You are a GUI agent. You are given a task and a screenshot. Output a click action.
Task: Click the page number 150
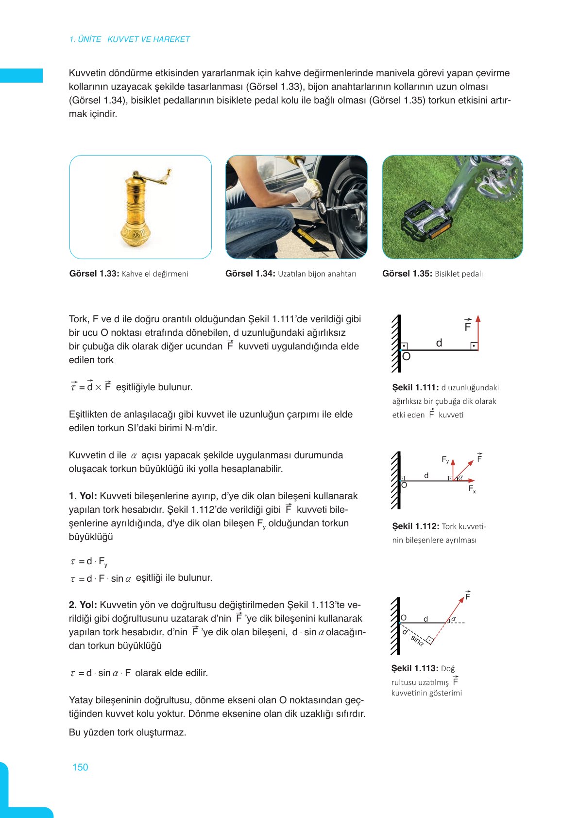[80, 767]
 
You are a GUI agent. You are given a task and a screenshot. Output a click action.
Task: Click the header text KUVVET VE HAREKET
[148, 39]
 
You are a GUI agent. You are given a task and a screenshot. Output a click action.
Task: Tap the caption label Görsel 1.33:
[94, 274]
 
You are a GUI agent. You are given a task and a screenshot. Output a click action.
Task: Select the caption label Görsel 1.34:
[250, 274]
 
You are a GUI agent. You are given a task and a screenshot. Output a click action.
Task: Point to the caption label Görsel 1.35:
[407, 274]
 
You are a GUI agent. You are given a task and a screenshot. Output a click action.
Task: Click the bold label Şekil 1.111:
[415, 387]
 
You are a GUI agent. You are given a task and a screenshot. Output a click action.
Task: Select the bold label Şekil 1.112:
[415, 526]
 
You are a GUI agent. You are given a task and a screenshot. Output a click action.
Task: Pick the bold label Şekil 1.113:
[415, 668]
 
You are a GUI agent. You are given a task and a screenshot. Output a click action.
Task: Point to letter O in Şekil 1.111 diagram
[407, 357]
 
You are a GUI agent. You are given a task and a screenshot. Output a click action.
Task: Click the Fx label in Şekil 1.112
[472, 489]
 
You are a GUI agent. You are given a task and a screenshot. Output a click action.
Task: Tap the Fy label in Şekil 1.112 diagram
[445, 459]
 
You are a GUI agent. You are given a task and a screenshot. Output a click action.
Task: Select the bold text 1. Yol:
[83, 496]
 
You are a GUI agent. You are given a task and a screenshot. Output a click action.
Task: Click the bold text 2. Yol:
[83, 605]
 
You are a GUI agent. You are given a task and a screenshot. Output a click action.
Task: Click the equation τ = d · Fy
[89, 562]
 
